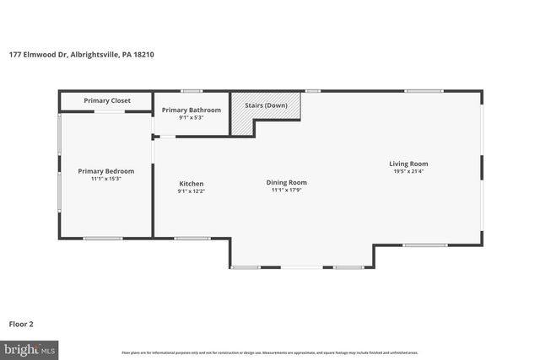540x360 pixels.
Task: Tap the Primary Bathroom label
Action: [x=192, y=110]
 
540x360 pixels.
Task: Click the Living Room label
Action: [x=408, y=164]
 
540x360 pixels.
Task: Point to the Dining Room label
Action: [x=287, y=182]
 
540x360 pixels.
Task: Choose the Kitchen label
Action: [x=191, y=184]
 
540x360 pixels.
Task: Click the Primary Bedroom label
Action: [x=106, y=171]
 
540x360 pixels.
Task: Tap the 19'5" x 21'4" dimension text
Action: [x=408, y=172]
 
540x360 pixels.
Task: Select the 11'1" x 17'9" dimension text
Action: [x=287, y=191]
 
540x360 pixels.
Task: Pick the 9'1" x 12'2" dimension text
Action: [x=191, y=191]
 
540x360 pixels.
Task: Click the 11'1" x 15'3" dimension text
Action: [x=106, y=179]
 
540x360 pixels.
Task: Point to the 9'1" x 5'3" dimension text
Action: [x=192, y=117]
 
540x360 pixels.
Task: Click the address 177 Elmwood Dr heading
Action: [x=82, y=55]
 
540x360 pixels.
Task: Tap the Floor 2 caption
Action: [x=21, y=323]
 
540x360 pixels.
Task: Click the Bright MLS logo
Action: [x=29, y=348]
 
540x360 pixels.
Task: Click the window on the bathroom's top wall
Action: [x=192, y=90]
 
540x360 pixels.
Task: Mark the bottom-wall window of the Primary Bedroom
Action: [x=102, y=238]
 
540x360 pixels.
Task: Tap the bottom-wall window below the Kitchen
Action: [x=192, y=238]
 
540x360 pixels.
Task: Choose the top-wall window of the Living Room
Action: [x=424, y=90]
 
